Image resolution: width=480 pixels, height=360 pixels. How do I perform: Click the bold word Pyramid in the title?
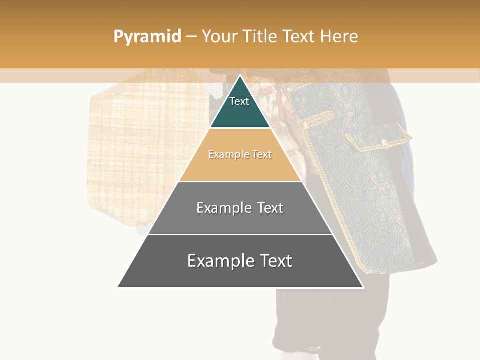tap(147, 37)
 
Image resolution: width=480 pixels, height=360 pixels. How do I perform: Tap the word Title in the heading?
tap(260, 37)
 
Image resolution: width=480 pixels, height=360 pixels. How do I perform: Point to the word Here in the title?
tap(339, 37)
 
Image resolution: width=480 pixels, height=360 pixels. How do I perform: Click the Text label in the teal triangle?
tap(239, 102)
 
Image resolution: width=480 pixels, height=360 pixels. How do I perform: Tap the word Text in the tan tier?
tap(261, 155)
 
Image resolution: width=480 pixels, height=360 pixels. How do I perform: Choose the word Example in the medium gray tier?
tap(223, 208)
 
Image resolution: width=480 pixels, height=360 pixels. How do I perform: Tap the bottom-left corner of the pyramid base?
tap(118, 287)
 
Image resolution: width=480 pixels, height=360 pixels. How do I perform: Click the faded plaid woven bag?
tap(140, 150)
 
